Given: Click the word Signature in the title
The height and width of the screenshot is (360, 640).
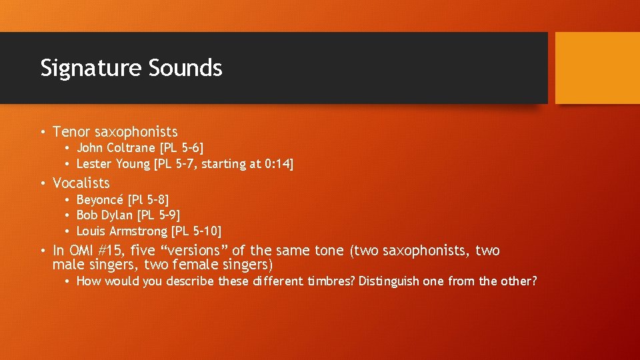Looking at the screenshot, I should (91, 68).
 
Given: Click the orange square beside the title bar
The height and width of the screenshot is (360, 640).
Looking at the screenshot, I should (597, 68).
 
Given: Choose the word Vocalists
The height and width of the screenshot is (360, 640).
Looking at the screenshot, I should (81, 183).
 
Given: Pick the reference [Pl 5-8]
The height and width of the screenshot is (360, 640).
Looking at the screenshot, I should (149, 199).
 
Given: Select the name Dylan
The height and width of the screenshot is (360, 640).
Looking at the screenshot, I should (118, 215).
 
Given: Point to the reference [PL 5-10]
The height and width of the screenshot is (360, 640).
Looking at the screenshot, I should (197, 231).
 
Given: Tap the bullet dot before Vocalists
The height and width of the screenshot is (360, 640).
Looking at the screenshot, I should (42, 183).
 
